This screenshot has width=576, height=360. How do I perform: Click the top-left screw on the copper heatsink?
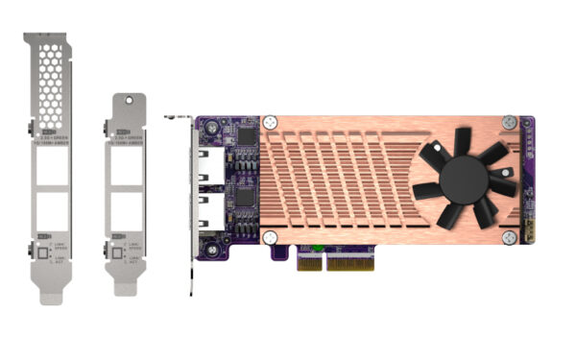point(273,122)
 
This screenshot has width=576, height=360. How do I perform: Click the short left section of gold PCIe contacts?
point(308,261)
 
